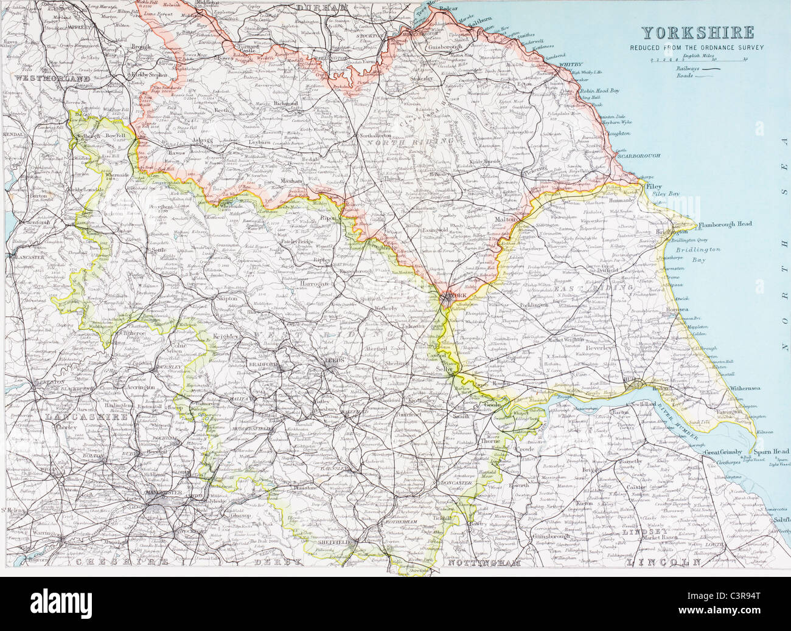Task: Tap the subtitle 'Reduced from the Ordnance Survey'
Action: click(x=697, y=47)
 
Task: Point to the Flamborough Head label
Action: click(x=725, y=224)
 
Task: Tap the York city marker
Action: click(x=448, y=297)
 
